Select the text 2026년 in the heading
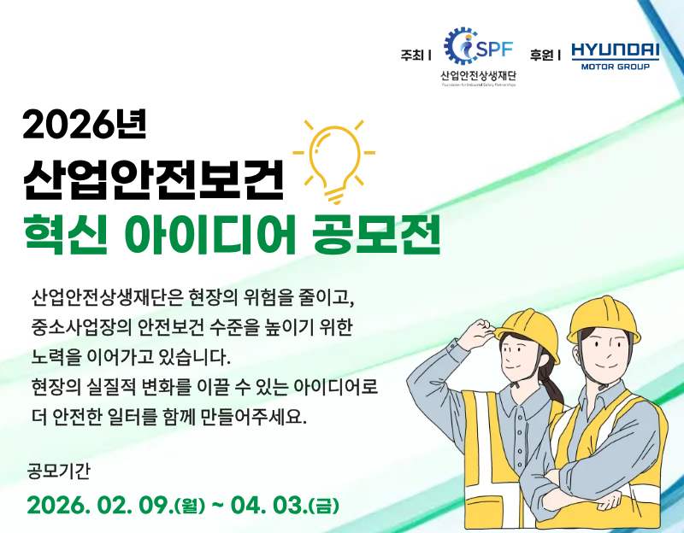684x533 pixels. coord(85,125)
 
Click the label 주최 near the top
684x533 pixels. coord(412,55)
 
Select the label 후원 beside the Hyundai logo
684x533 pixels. coord(541,55)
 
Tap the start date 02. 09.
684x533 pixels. coord(128,503)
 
